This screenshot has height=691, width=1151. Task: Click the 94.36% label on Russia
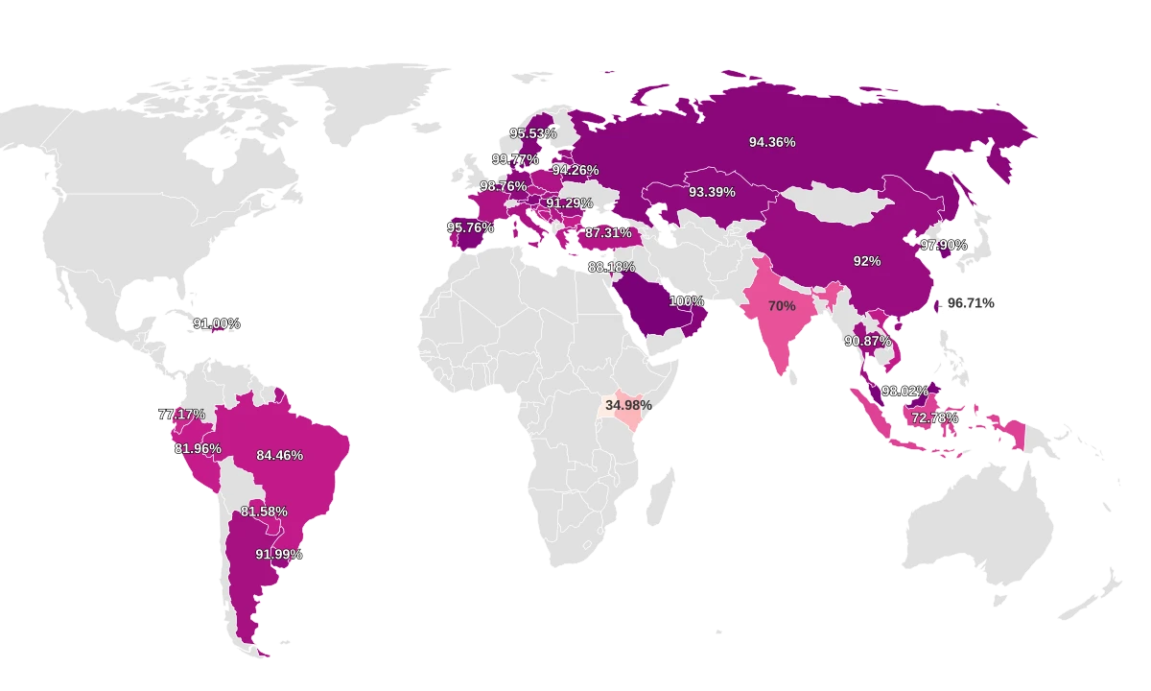point(772,142)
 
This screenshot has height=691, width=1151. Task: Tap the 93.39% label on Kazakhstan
point(712,192)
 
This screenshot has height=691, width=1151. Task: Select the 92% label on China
point(866,261)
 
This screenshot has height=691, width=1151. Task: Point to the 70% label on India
point(782,306)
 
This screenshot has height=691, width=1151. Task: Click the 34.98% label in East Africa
point(628,405)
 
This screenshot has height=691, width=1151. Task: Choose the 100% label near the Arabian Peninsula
point(687,301)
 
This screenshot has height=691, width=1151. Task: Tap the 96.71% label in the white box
point(971,303)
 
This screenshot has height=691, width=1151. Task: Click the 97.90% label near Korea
point(944,246)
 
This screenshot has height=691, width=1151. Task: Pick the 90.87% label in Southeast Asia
point(867,341)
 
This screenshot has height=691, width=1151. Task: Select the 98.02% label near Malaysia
point(904,392)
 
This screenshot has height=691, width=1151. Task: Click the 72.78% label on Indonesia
point(934,418)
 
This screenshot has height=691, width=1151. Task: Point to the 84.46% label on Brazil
point(279,455)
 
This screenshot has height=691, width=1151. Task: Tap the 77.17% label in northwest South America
point(182,415)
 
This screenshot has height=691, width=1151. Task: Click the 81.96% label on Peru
point(198,449)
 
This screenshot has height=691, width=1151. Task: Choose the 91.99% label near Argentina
point(278,555)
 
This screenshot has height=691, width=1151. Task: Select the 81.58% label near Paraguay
point(264,512)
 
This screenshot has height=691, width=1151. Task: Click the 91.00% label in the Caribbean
point(217,324)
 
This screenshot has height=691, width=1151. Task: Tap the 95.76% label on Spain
point(470,228)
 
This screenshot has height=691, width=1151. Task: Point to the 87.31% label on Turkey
point(608,233)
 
